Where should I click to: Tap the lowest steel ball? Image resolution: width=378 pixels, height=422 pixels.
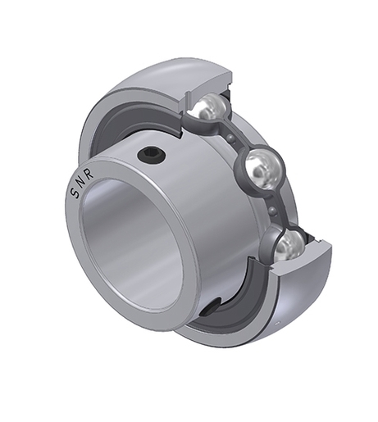pyautogui.click(x=288, y=244)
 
